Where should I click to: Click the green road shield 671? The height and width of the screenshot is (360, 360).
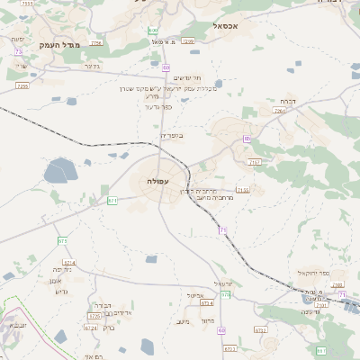point(112,200)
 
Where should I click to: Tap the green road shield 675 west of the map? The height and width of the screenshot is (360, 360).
point(62,241)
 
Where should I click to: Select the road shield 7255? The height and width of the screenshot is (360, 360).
point(22,85)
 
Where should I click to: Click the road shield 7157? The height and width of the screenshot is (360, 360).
point(255,162)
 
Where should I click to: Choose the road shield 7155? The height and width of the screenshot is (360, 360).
point(242,190)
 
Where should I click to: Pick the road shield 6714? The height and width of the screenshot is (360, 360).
point(69,262)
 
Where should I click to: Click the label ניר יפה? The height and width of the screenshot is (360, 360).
point(61,269)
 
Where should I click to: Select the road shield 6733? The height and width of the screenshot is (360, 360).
point(260,330)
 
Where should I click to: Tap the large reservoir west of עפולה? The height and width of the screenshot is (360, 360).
point(61,169)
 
